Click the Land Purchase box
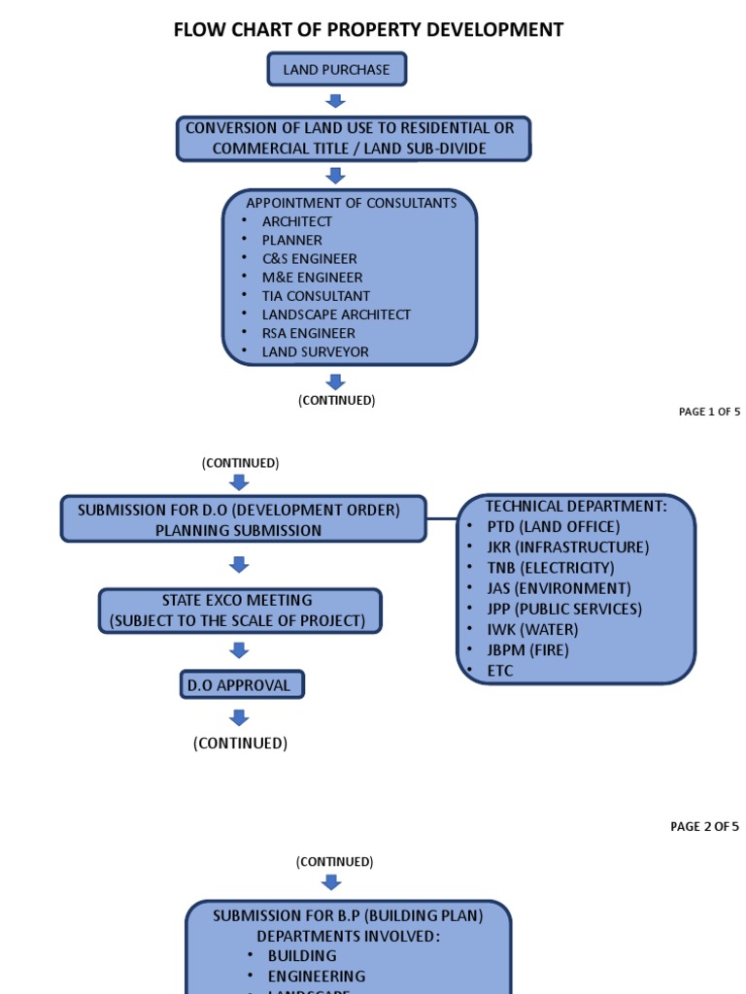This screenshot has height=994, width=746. [336, 70]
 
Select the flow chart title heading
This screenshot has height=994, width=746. [368, 30]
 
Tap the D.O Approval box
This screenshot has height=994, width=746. [242, 685]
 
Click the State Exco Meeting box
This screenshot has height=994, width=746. [239, 611]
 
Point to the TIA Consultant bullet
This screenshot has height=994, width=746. [316, 296]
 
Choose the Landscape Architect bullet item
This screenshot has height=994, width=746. [336, 315]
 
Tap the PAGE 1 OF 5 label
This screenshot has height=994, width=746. [709, 412]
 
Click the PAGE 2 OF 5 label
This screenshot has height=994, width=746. [704, 827]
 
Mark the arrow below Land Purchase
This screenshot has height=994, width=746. [336, 102]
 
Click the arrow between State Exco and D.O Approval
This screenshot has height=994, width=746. [239, 650]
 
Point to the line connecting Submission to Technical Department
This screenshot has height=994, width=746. [442, 519]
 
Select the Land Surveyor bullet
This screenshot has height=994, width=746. [315, 352]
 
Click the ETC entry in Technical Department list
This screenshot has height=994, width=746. [500, 671]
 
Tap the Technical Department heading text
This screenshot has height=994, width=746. [576, 507]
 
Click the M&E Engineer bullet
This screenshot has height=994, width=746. [312, 278]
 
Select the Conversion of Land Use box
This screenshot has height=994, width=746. [353, 139]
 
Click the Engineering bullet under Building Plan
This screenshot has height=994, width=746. [317, 976]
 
